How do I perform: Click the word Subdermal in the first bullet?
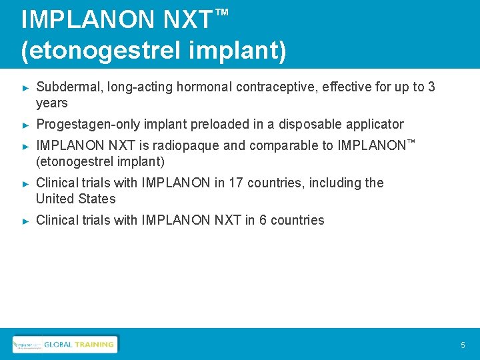[x=66, y=87]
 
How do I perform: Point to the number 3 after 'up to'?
[x=431, y=87]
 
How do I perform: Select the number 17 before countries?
[x=235, y=183]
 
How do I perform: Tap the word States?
[x=97, y=199]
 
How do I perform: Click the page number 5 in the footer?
[x=463, y=345]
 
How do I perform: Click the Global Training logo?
[x=65, y=344]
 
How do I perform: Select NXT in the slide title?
[x=187, y=20]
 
